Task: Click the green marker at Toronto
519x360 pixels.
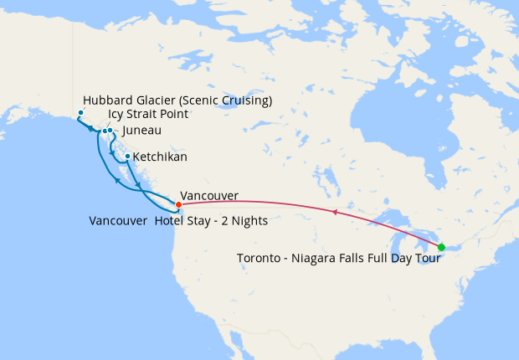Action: pyautogui.click(x=441, y=246)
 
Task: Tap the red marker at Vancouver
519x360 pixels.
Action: pyautogui.click(x=178, y=204)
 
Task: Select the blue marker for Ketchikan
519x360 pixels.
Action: pyautogui.click(x=127, y=157)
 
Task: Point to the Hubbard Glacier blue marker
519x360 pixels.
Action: pyautogui.click(x=80, y=113)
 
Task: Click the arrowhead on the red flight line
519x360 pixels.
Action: pyautogui.click(x=335, y=213)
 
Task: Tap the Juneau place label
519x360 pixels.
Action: pyautogui.click(x=141, y=131)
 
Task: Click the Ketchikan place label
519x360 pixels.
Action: pyautogui.click(x=160, y=157)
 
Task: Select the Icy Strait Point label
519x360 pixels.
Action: pyautogui.click(x=148, y=115)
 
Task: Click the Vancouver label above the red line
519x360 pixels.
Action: pyautogui.click(x=208, y=196)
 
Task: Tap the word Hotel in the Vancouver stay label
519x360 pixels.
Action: pyautogui.click(x=171, y=221)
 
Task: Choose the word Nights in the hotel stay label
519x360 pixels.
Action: pyautogui.click(x=248, y=221)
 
